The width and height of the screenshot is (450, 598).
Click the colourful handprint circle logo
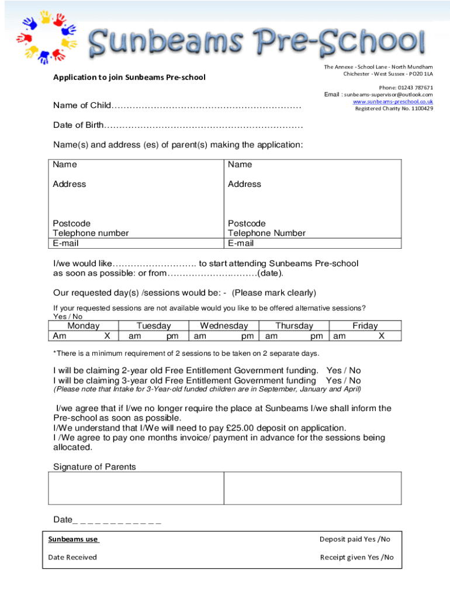[43, 37]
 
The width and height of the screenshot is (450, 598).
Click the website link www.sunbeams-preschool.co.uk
[393, 102]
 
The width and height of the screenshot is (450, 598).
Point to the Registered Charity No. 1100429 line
[394, 109]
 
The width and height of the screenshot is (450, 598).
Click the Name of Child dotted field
[207, 106]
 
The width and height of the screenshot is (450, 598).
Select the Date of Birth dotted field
[204, 126]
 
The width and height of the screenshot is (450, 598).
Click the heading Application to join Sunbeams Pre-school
[129, 77]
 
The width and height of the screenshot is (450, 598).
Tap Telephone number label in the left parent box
[91, 233]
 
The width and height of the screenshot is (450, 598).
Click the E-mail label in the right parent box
[241, 243]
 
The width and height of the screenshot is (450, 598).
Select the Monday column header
[84, 326]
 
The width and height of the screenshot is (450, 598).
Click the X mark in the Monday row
[107, 336]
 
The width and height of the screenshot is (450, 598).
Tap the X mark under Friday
[381, 336]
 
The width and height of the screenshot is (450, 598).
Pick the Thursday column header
[294, 326]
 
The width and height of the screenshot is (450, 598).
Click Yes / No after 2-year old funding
[344, 371]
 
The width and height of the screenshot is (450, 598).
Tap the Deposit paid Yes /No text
[355, 539]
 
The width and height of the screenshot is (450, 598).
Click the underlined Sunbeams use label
[73, 539]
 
